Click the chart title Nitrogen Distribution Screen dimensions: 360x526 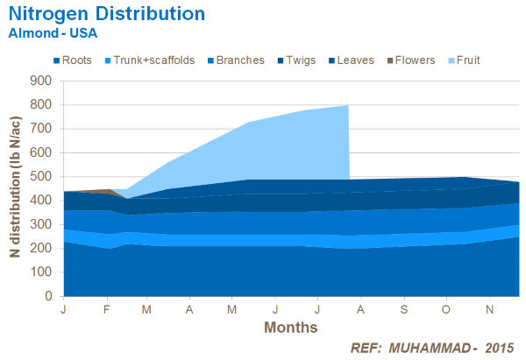(x=107, y=15)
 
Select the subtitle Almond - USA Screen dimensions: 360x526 (x=53, y=33)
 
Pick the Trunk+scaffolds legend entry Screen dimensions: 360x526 (x=149, y=60)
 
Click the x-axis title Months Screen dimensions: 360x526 (x=290, y=328)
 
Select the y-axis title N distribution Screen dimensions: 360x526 (x=15, y=189)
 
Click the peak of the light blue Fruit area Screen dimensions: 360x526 (x=348, y=106)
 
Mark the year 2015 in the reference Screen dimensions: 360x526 (x=498, y=346)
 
